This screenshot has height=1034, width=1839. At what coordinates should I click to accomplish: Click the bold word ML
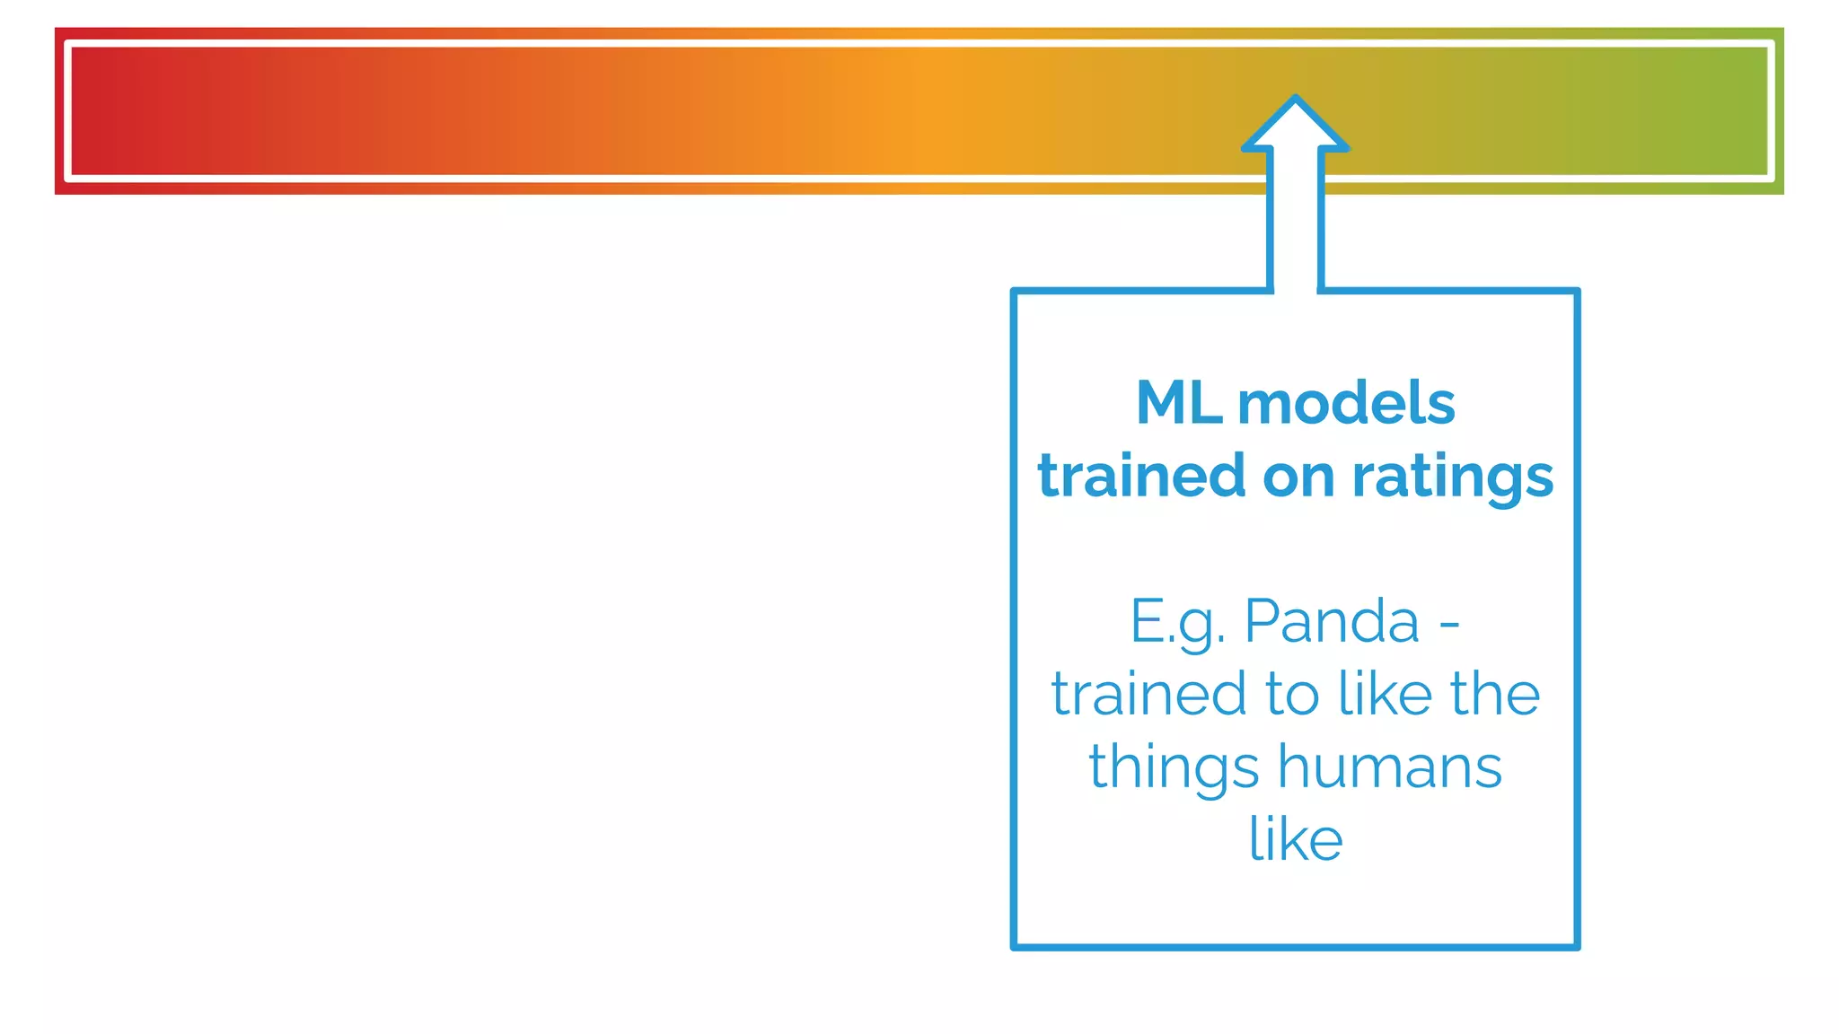point(1179,403)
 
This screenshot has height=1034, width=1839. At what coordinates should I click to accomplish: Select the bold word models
point(1346,403)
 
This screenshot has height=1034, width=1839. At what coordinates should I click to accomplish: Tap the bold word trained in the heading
point(1141,476)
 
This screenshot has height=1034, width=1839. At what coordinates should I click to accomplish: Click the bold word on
point(1298,477)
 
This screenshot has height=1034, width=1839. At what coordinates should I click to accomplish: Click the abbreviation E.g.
point(1177,622)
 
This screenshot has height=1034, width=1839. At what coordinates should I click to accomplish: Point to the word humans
point(1390,767)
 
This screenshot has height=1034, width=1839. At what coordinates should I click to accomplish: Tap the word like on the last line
point(1296,839)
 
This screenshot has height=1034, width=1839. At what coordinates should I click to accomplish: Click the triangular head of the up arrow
point(1295,126)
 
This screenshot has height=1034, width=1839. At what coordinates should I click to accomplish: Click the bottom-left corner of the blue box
point(1015,946)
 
